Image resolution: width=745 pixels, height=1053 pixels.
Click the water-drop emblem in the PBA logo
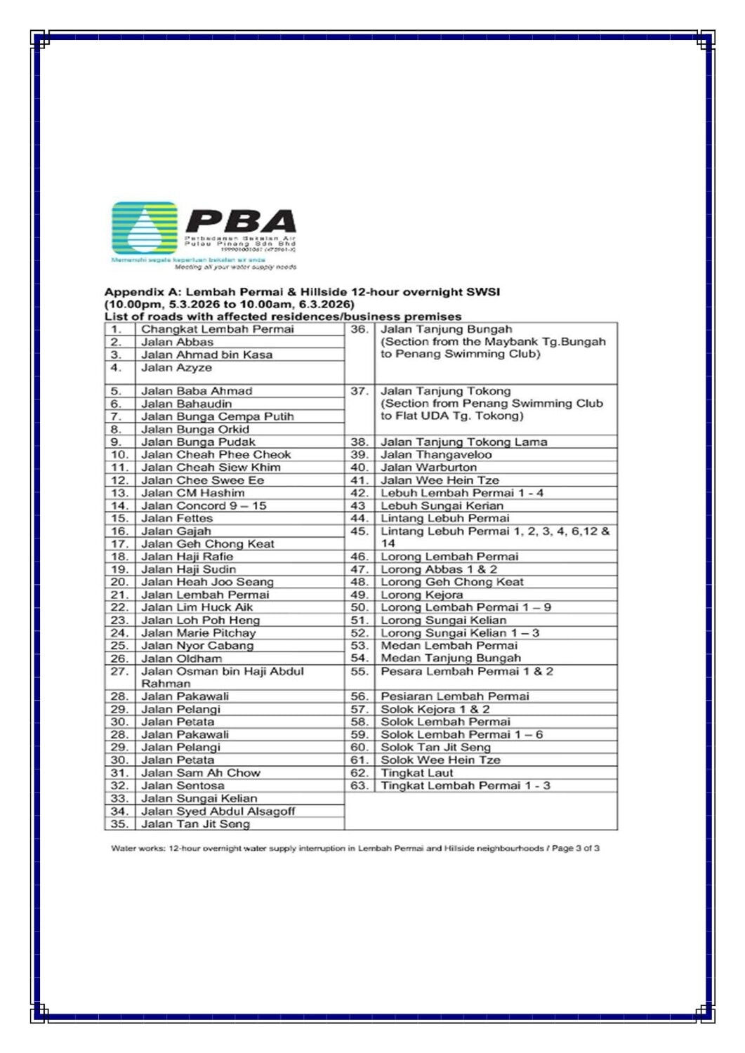click(x=145, y=228)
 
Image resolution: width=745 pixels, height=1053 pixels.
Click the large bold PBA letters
click(x=241, y=222)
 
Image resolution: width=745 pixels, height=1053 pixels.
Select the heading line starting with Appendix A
click(x=302, y=292)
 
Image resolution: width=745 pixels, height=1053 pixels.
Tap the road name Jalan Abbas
click(x=177, y=342)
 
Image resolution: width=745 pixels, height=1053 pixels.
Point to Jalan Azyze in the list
click(x=176, y=367)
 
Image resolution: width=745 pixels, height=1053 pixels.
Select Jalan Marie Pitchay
click(x=199, y=633)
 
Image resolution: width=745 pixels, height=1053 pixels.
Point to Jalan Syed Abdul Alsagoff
click(x=218, y=811)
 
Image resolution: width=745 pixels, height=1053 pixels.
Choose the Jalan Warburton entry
click(x=428, y=468)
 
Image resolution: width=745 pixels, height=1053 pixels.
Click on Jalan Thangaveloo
click(x=436, y=455)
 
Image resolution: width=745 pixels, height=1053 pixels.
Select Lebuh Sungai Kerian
click(x=442, y=505)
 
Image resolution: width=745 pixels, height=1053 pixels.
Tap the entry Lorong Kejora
click(x=421, y=595)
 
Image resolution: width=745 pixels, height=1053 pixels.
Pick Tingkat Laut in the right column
click(x=416, y=773)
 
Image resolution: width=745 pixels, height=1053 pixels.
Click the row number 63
click(x=359, y=786)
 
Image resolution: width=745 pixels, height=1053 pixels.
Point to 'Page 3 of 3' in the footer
click(x=575, y=848)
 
